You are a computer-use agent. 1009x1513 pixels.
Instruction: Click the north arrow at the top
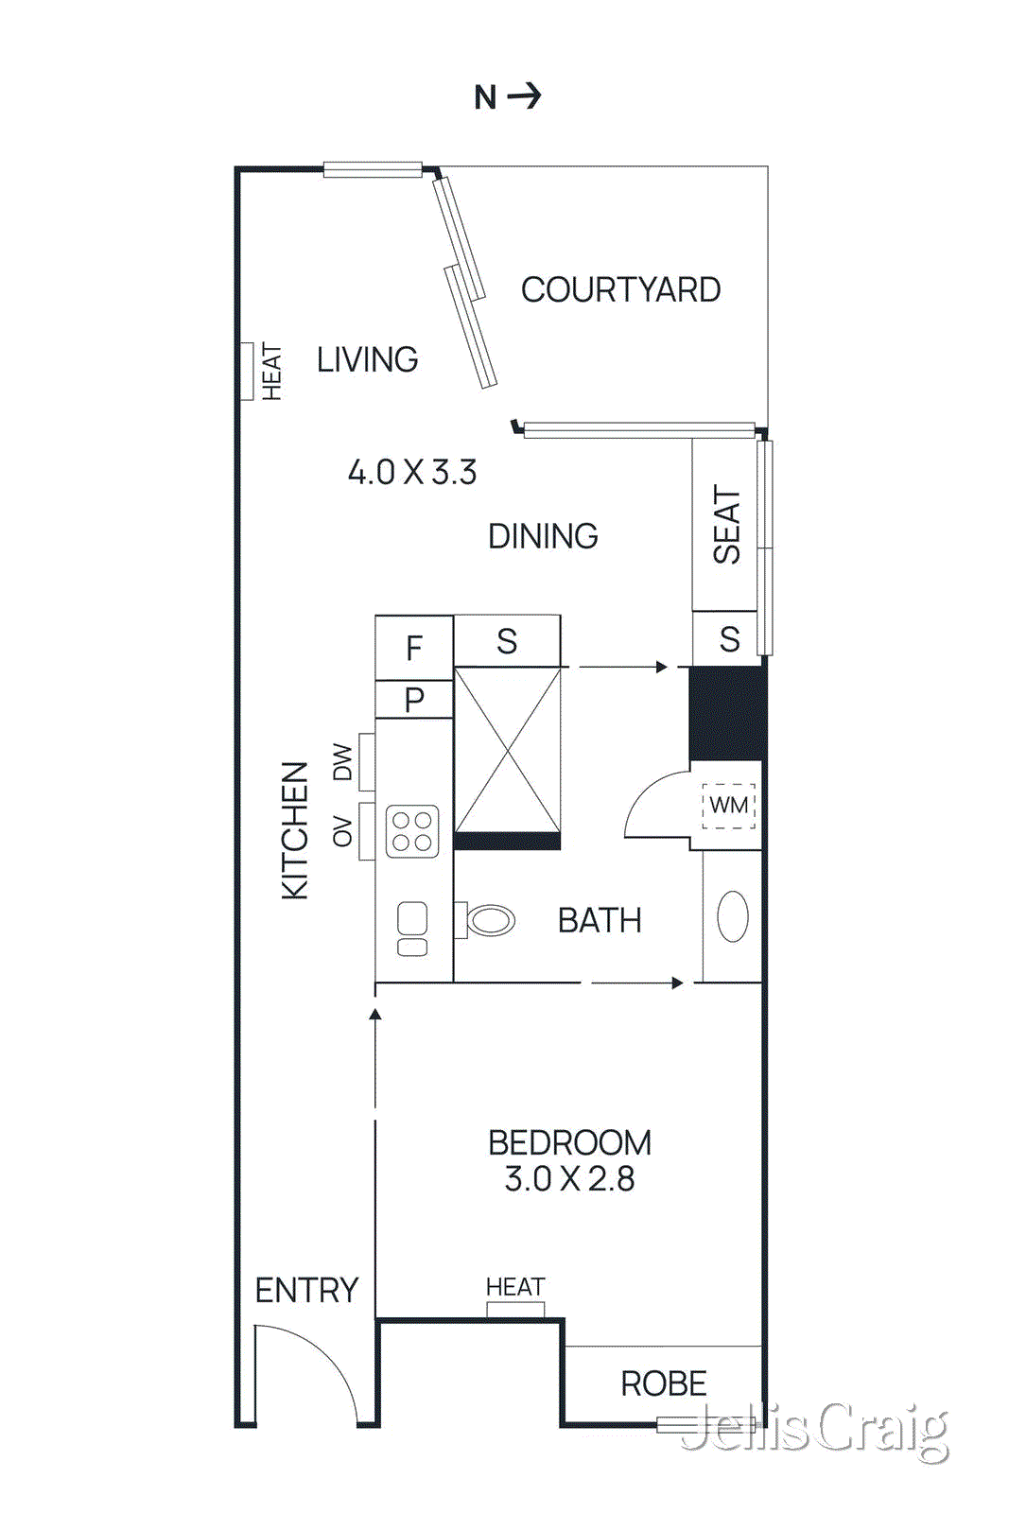pos(509,96)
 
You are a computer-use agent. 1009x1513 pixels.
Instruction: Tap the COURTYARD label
pos(620,290)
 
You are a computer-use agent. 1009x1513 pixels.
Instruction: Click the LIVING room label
pos(367,359)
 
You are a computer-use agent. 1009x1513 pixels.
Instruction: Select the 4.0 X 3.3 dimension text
pos(412,472)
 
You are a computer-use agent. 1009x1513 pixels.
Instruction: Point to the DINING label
pos(543,536)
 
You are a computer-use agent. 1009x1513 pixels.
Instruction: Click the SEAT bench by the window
pos(725,525)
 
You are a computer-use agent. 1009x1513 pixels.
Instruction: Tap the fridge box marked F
pos(414,648)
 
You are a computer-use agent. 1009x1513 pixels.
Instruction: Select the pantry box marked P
pos(414,700)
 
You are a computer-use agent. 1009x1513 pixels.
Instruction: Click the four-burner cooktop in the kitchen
pos(412,831)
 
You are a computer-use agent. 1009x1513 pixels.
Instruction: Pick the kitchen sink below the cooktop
pos(412,929)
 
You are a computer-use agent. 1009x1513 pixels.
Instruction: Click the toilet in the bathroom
pos(487,919)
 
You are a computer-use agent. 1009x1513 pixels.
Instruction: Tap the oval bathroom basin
pos(733,915)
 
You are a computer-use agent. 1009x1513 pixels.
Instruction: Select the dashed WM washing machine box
pos(728,806)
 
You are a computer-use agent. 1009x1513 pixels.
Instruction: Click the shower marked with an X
pos(508,750)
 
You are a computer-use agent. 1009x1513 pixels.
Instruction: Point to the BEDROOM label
pos(569,1142)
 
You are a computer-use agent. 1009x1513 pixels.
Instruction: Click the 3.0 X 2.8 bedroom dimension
pos(569,1179)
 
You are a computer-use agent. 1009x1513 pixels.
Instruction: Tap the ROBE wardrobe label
pos(663,1383)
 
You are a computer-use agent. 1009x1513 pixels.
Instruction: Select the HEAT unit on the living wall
pos(248,371)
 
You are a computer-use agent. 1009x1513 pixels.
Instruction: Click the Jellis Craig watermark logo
pos(815,1430)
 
